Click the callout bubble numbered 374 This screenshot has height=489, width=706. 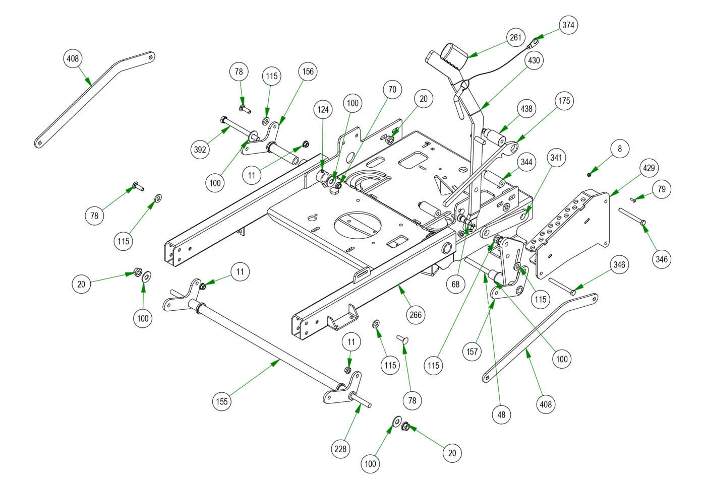568,25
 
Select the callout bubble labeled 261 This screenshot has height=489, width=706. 515,38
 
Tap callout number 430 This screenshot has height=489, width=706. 534,61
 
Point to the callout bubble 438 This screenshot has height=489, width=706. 526,109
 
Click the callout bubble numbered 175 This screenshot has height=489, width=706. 564,101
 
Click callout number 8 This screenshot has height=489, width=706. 620,149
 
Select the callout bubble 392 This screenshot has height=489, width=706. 201,150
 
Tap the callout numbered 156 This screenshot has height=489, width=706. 308,72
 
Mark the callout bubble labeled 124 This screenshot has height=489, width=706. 323,108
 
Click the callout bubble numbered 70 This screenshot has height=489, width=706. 392,90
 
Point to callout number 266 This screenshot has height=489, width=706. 416,315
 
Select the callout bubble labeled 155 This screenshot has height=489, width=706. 222,401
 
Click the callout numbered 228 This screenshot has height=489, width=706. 341,448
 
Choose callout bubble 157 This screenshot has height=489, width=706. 472,352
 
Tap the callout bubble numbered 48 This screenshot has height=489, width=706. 501,414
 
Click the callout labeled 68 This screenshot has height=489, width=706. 456,284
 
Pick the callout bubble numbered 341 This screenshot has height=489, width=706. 556,158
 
